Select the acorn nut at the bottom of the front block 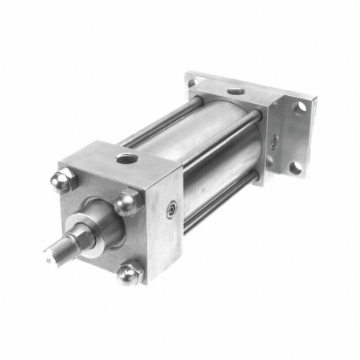click(x=128, y=274)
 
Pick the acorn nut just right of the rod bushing click(x=127, y=204)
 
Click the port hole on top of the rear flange click(x=235, y=93)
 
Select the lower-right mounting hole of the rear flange click(x=294, y=167)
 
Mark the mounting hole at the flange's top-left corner click(x=197, y=79)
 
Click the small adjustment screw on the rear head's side click(x=274, y=141)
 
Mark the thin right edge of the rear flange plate click(x=310, y=138)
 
